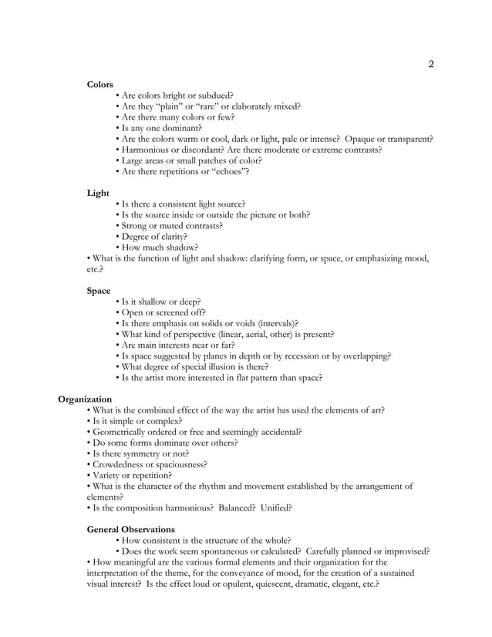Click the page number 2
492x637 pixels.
pos(431,64)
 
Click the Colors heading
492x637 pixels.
pos(100,84)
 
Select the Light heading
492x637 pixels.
pos(98,193)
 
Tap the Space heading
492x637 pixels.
pos(99,291)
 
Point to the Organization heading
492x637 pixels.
pos(85,399)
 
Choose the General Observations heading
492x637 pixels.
pos(130,530)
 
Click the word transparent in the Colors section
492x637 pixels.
pos(404,139)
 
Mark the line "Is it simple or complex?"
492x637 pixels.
pos(137,421)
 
